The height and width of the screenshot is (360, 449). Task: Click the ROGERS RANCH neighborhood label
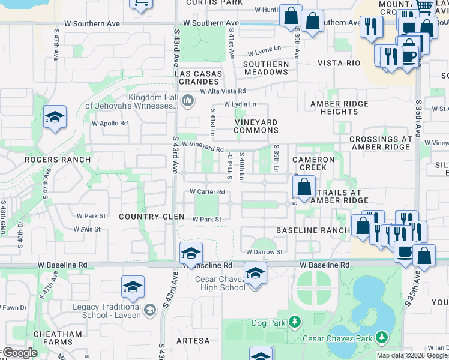coord(58,160)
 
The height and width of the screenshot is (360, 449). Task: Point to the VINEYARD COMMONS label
coord(256,127)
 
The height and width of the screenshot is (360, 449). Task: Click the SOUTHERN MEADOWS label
coord(266,68)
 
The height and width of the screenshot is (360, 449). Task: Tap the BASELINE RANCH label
coord(312,230)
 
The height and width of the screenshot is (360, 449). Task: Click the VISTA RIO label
coord(339,63)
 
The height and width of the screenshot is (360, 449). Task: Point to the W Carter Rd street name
coord(207,192)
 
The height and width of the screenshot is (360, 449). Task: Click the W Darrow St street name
coord(264,252)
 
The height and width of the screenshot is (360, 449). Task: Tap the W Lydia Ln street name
coord(240,104)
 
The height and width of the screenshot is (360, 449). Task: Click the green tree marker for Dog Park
coord(294,323)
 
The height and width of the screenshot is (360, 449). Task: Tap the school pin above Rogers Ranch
coord(55,117)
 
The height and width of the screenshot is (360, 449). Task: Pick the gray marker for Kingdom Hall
coord(188,100)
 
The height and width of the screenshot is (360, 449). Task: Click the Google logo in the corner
coord(19,353)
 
